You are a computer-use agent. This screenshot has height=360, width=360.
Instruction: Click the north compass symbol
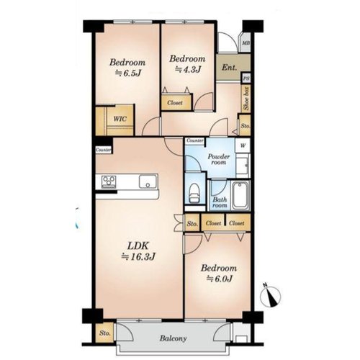coord(271,296)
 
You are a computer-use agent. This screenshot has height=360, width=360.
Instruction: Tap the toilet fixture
coord(194,193)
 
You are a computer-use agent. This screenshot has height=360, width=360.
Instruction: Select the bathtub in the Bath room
coord(240,196)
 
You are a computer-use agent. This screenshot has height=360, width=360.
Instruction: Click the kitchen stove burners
coord(109,181)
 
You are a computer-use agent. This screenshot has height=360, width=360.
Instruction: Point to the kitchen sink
coord(148,181)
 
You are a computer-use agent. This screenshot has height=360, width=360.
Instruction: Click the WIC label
coord(120,119)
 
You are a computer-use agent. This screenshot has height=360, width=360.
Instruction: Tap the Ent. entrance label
coord(229,68)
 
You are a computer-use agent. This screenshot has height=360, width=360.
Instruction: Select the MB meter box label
coord(246,43)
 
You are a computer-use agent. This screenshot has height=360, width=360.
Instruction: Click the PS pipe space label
coord(246,78)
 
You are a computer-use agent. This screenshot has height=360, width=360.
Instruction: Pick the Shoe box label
coord(246,98)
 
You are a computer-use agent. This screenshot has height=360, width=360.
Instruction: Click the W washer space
coord(243,145)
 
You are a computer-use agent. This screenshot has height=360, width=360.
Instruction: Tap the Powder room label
coord(219,159)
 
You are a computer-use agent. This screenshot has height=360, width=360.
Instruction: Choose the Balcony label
coord(173,338)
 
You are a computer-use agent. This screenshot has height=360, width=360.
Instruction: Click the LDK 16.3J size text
coord(138,257)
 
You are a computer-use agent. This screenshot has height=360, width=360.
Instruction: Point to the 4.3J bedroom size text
coord(188,70)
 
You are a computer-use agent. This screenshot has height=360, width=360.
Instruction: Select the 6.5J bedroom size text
coord(127,73)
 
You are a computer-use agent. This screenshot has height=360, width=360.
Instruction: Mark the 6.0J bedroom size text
coord(220,279)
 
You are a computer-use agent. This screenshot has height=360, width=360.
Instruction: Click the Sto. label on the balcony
coord(104,333)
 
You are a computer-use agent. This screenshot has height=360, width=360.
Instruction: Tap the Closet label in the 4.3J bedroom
coord(175,103)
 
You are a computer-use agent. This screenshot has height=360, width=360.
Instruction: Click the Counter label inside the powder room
coord(195,140)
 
